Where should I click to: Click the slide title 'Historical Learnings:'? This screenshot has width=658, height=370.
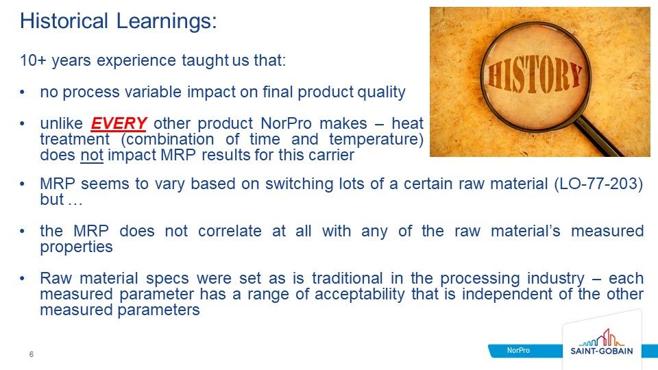(x=119, y=21)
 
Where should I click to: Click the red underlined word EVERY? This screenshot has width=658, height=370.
(x=119, y=123)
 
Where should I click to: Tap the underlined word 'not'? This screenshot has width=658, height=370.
(x=92, y=156)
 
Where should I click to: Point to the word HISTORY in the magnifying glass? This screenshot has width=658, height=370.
(x=535, y=77)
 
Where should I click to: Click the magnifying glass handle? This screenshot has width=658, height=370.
(x=600, y=137)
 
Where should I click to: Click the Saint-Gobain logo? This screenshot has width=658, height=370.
(x=601, y=343)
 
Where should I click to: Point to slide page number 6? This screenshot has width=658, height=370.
(x=32, y=354)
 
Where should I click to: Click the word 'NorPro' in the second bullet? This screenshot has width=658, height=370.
(x=287, y=124)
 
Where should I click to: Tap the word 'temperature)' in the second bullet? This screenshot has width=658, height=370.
(x=376, y=139)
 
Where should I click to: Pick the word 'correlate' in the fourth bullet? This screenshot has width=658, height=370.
(x=230, y=231)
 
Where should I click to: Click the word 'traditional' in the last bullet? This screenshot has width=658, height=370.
(x=348, y=278)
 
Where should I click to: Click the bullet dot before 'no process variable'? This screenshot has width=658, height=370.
(x=23, y=92)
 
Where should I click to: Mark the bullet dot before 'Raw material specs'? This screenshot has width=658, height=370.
(x=23, y=279)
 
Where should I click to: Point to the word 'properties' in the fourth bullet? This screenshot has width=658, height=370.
(x=76, y=247)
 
